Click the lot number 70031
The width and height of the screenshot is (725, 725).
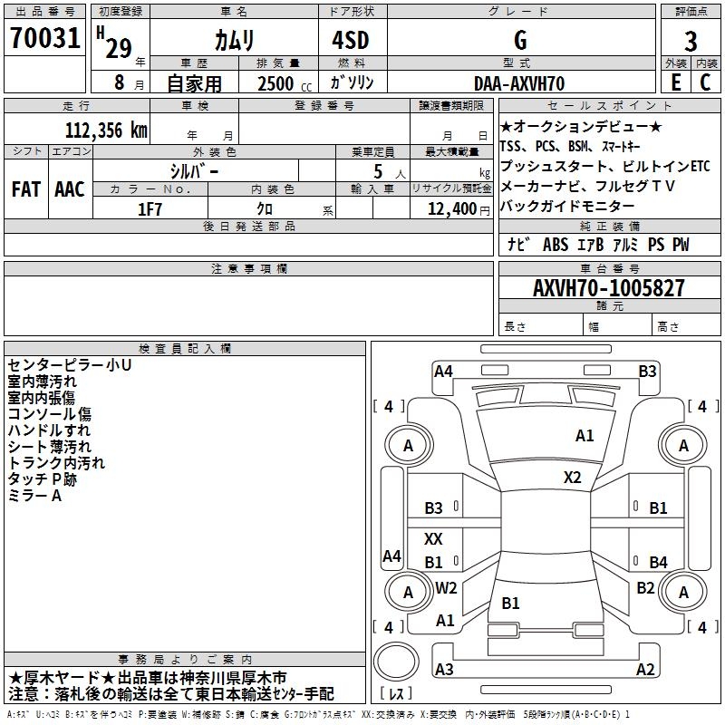44,40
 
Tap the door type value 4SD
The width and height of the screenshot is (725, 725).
351,40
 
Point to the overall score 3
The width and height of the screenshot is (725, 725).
691,41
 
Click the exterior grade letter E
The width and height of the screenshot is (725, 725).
675,82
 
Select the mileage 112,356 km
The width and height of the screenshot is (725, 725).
106,130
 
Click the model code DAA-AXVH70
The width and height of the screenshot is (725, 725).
519,82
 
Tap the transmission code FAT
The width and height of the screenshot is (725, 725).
25,188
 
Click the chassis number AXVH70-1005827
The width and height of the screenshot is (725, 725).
609,289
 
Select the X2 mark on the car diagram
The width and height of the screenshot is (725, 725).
573,478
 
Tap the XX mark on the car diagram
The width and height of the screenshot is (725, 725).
434,539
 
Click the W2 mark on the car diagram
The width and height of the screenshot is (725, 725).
446,588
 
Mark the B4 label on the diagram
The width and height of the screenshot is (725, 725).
658,563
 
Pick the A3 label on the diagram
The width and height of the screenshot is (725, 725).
444,670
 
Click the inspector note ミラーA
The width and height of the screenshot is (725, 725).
34,496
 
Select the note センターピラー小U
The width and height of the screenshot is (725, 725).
69,365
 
